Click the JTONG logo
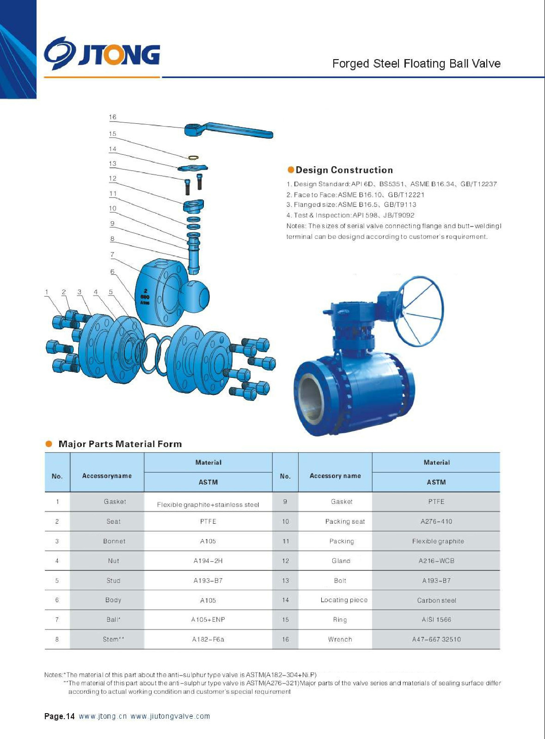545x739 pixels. [x=102, y=54]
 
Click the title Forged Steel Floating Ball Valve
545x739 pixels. [x=416, y=64]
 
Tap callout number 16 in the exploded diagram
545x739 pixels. [x=113, y=117]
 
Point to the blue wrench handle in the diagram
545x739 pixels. [x=231, y=130]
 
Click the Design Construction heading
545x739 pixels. [x=344, y=170]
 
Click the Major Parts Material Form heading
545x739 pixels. [x=120, y=444]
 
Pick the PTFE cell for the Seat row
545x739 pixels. [x=208, y=521]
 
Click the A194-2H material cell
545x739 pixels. [x=208, y=561]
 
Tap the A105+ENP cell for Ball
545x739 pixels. [x=208, y=619]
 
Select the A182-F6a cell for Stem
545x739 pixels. [x=208, y=639]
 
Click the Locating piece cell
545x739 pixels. [x=344, y=600]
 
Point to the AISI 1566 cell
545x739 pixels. [x=436, y=619]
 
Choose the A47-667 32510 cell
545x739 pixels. [x=436, y=639]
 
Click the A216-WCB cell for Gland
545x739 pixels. [x=436, y=561]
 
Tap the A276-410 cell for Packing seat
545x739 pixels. [x=436, y=521]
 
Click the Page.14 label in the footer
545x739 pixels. [x=59, y=716]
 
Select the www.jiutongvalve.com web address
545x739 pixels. [x=170, y=716]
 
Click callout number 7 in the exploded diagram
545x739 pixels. [x=112, y=254]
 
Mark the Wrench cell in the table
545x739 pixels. [x=340, y=639]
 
